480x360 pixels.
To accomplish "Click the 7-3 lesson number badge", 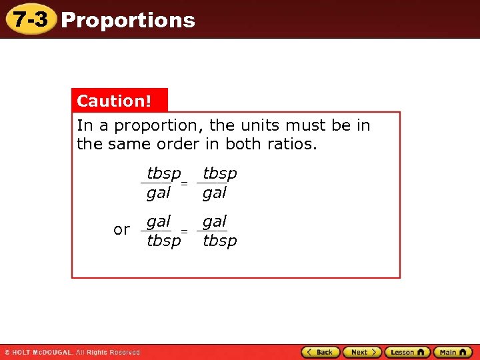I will (x=31, y=19).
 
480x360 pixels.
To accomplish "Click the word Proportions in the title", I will (x=128, y=20).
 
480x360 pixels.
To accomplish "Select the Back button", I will (x=321, y=352).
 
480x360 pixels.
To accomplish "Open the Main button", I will (x=453, y=352).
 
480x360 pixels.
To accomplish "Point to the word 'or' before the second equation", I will (x=121, y=230).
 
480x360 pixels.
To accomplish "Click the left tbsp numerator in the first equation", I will (x=163, y=174).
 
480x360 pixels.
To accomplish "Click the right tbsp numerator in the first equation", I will (x=219, y=174).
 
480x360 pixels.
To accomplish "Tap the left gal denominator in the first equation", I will (x=159, y=193).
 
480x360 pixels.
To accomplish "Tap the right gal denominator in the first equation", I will (x=215, y=193).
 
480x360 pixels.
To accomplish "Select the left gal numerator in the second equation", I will (x=159, y=221).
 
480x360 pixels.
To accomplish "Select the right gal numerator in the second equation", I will (x=215, y=221).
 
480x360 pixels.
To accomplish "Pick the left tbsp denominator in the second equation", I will (x=163, y=241).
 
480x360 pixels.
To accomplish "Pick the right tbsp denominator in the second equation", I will (x=219, y=241).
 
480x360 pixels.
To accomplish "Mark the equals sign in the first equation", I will (x=185, y=183).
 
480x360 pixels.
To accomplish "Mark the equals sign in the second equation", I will (x=185, y=231).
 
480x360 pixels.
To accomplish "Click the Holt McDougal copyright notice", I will (x=72, y=352).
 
